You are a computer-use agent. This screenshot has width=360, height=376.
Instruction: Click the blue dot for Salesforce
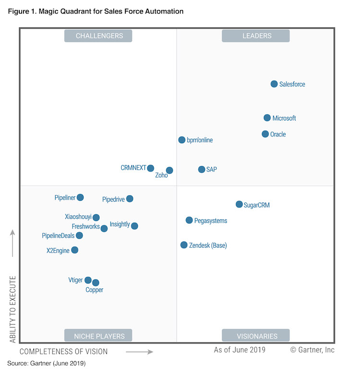click(274, 84)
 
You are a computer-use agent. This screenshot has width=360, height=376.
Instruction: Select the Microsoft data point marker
click(267, 118)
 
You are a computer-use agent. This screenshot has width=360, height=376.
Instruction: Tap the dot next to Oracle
click(265, 134)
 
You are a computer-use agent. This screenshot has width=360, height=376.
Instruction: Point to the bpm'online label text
click(200, 140)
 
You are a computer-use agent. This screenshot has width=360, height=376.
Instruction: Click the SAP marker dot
click(202, 170)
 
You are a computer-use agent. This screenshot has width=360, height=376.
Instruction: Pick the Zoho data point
click(169, 170)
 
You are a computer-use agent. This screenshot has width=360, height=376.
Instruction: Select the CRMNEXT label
click(133, 168)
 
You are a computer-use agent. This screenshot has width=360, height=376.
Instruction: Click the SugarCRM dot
click(239, 205)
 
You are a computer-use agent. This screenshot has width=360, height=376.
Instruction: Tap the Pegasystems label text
click(211, 221)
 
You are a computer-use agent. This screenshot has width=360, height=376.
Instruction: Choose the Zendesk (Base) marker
click(184, 245)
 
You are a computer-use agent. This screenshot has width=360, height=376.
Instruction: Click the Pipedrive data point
click(130, 199)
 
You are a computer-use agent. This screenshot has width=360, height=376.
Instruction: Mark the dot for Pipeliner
click(80, 197)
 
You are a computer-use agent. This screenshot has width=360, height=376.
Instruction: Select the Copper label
click(95, 290)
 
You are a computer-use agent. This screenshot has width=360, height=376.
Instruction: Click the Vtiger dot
click(88, 280)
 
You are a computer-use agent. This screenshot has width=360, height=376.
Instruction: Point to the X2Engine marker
click(74, 250)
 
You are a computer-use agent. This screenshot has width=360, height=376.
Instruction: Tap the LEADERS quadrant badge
click(255, 36)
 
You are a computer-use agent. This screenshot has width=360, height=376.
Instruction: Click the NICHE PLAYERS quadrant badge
click(98, 336)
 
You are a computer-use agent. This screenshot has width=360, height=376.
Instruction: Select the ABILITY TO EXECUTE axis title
click(13, 310)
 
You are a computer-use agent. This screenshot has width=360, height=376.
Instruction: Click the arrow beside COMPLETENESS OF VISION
click(139, 352)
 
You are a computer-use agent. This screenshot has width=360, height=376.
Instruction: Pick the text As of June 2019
click(240, 350)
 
